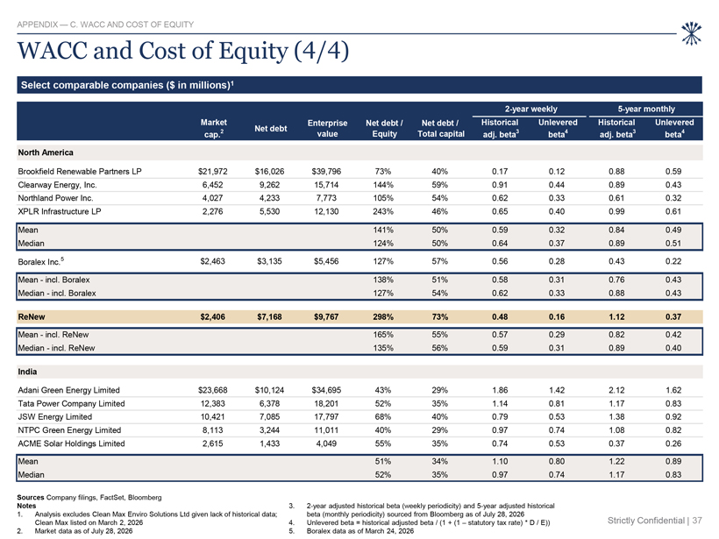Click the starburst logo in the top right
(691, 34)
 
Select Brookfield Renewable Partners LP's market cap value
(213, 172)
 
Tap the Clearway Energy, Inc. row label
(57, 185)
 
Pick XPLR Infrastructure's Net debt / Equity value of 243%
(383, 211)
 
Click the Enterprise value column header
(327, 128)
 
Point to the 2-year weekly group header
(531, 109)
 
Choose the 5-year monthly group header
(646, 109)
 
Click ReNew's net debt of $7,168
(270, 316)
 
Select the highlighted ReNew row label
(32, 316)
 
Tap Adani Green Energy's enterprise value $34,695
(326, 390)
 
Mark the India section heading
(27, 372)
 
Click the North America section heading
(46, 152)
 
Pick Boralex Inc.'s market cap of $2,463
(213, 261)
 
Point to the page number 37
(697, 521)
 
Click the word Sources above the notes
(31, 497)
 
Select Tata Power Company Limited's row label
(71, 403)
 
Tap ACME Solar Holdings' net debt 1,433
(270, 443)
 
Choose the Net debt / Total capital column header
(441, 128)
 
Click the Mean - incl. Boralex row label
(53, 280)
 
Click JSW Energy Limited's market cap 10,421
(213, 416)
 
